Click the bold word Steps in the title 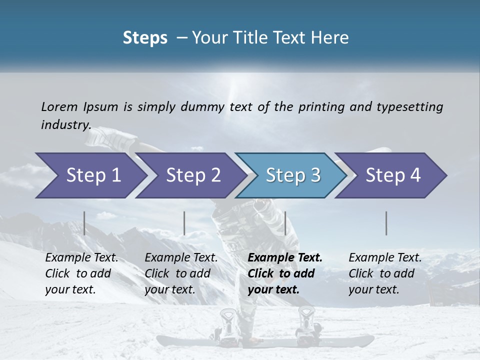point(145,38)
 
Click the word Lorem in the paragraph point(59,107)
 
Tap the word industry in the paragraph point(65,125)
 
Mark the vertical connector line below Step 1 point(84,223)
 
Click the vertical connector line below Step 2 point(184,223)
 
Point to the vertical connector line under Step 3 point(285,223)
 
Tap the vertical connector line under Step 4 point(386,223)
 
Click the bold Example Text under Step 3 point(285,257)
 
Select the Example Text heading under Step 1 point(81,257)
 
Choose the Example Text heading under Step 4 point(385,257)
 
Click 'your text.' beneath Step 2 point(170,289)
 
